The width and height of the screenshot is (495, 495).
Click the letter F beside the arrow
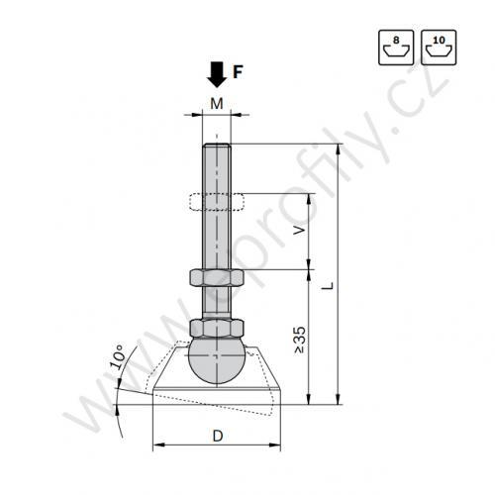238,72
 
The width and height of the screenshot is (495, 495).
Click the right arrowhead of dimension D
279,446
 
